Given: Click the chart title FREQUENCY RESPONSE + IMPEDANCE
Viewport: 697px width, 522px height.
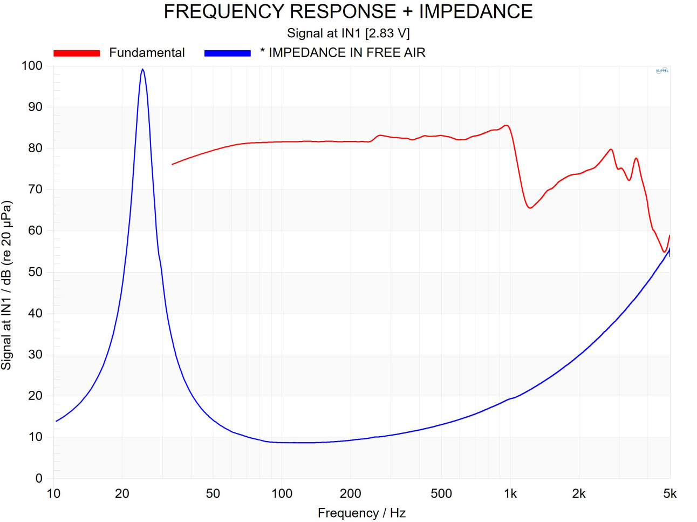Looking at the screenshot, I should tap(348, 11).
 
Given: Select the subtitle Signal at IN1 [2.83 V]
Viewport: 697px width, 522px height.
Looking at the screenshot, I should tap(348, 33).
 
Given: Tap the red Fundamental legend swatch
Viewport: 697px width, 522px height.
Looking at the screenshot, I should tap(77, 53).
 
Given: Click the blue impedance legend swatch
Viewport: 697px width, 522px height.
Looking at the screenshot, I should tap(227, 53).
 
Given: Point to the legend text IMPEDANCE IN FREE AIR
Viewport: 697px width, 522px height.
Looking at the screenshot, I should tap(347, 52).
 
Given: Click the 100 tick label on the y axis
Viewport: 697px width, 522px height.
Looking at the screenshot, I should tap(32, 66).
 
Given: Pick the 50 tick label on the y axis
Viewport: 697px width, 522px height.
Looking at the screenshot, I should tap(35, 272).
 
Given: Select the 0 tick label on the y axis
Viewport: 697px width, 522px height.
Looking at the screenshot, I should tap(39, 478).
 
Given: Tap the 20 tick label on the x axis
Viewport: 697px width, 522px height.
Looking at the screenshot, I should tap(122, 493).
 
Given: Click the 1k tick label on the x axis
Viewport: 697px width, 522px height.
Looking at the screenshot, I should tap(510, 493).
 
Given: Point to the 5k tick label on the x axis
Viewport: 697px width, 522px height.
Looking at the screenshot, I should tap(669, 493).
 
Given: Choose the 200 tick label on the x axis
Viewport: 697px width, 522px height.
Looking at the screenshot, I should tap(351, 493).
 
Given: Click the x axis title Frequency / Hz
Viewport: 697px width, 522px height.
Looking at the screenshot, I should tap(361, 513).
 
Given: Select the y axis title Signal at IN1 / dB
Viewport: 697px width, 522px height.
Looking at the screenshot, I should tap(6, 285).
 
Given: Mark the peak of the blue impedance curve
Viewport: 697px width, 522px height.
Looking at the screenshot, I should tap(142, 69).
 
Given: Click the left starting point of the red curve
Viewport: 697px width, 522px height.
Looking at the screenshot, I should tap(172, 164).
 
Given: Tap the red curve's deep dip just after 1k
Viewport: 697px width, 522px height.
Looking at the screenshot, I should tap(530, 208).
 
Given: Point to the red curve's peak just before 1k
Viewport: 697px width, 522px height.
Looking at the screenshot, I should tap(506, 125).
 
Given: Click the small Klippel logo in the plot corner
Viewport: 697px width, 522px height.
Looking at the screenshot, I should tap(662, 71).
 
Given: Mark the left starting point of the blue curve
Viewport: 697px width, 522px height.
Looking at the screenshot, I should tap(56, 421).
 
